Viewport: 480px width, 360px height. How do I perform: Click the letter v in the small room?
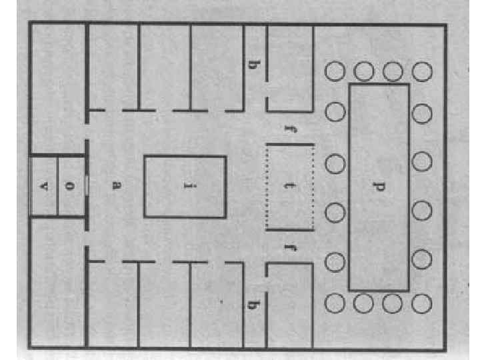point(44,186)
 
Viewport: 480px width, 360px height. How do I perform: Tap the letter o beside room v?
point(71,186)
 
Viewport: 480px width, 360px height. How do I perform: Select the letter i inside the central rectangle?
point(185,186)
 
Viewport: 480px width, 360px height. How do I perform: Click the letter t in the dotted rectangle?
point(290,186)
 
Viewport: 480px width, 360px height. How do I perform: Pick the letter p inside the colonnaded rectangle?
point(378,186)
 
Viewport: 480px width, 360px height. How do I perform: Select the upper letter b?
point(254,65)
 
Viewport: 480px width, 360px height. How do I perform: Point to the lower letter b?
point(254,305)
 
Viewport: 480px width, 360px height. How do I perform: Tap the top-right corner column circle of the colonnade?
point(422,70)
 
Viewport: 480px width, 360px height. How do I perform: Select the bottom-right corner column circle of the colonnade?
point(422,303)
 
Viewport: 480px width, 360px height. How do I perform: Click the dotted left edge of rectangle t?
point(267,186)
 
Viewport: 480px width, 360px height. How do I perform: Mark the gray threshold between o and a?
point(86,186)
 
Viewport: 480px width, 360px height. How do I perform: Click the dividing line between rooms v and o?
point(57,186)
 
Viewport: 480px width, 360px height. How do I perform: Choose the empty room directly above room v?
point(57,87)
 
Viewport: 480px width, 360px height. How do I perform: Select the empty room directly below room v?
point(57,280)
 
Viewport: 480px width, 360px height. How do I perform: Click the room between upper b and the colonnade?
point(290,67)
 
